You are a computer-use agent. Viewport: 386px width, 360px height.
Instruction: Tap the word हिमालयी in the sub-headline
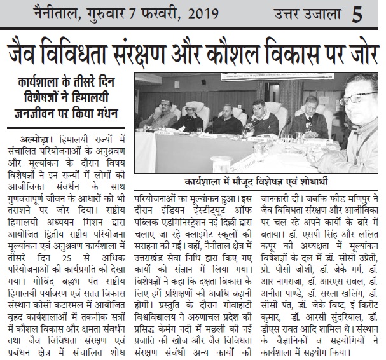(x=105, y=99)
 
